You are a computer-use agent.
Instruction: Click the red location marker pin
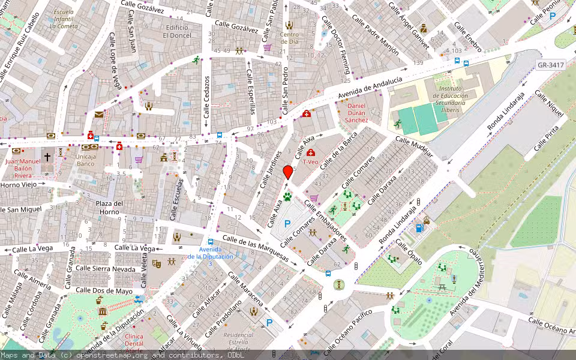pyautogui.click(x=288, y=172)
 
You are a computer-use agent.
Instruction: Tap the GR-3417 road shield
pyautogui.click(x=550, y=65)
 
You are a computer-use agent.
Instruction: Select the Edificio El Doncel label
pyautogui.click(x=178, y=31)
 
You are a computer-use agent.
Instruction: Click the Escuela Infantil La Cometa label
pyautogui.click(x=64, y=19)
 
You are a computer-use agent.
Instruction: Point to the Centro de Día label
pyautogui.click(x=289, y=38)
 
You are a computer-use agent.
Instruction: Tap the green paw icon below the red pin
pyautogui.click(x=288, y=196)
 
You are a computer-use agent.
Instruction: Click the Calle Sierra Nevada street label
pyautogui.click(x=106, y=269)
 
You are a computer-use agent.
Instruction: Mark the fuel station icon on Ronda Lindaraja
pyautogui.click(x=419, y=228)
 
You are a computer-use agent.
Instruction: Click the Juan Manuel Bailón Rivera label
pyautogui.click(x=23, y=169)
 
